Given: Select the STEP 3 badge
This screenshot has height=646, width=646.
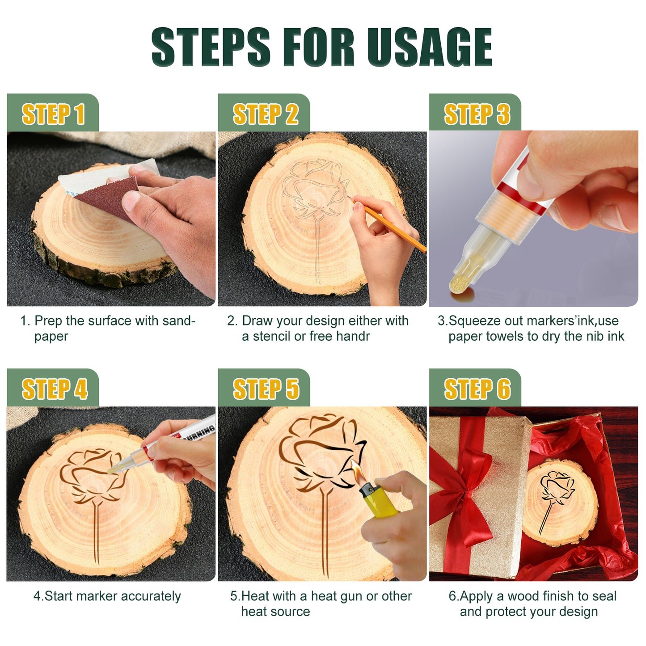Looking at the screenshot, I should [x=476, y=114].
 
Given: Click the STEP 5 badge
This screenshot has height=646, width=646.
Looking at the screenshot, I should [x=265, y=388].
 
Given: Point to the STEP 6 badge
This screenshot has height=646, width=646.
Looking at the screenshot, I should [x=476, y=388].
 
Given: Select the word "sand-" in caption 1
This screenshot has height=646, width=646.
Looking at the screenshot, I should [x=179, y=321].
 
